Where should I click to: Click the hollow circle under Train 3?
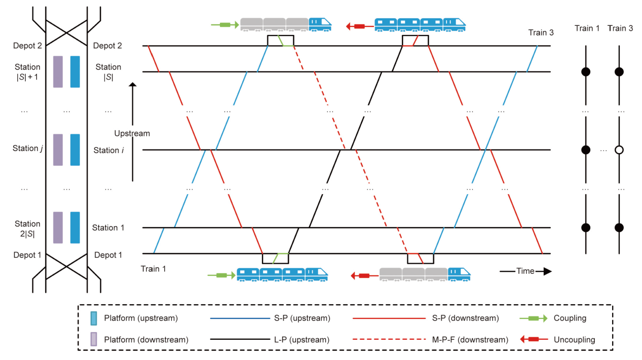pos(618,150)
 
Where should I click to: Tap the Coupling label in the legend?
pos(571,318)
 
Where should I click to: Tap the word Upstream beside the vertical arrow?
pos(132,133)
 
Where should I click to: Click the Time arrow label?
pos(525,271)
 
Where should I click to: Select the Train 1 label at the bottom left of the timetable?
pos(154,269)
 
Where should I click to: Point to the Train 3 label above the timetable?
pos(541,33)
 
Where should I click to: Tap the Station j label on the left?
pos(26,149)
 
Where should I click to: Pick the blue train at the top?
pos(419,24)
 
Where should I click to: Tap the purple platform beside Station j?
pos(57,150)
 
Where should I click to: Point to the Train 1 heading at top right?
pos(587,28)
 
